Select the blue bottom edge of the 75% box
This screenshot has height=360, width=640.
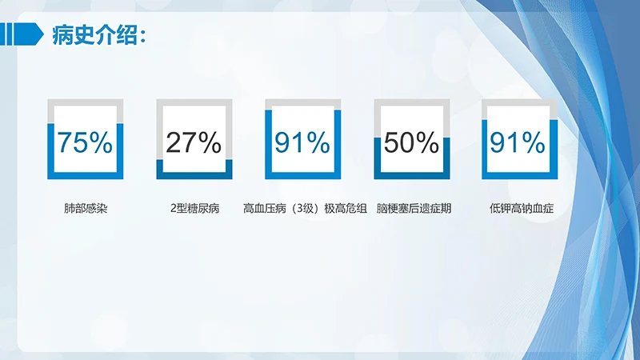(85, 175)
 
